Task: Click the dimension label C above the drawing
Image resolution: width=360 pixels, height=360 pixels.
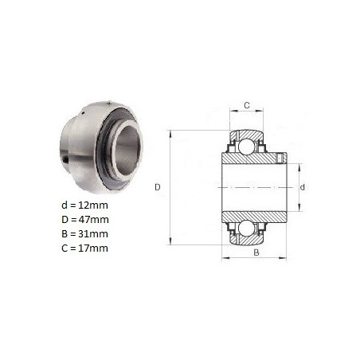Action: point(247,105)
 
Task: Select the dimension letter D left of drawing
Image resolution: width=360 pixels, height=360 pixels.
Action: point(158,187)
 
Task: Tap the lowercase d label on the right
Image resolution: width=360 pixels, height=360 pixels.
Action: point(303,188)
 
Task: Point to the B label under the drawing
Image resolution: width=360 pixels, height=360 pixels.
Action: point(256,252)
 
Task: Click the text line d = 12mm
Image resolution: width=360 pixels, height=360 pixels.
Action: point(84,205)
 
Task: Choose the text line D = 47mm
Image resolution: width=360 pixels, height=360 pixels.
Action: point(85,220)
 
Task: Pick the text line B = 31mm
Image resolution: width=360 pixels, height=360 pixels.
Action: point(85,234)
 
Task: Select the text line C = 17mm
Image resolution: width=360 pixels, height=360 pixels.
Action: point(85,248)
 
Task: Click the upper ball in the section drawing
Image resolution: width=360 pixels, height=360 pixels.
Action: point(247,146)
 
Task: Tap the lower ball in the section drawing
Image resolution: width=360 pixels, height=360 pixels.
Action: point(247,229)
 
